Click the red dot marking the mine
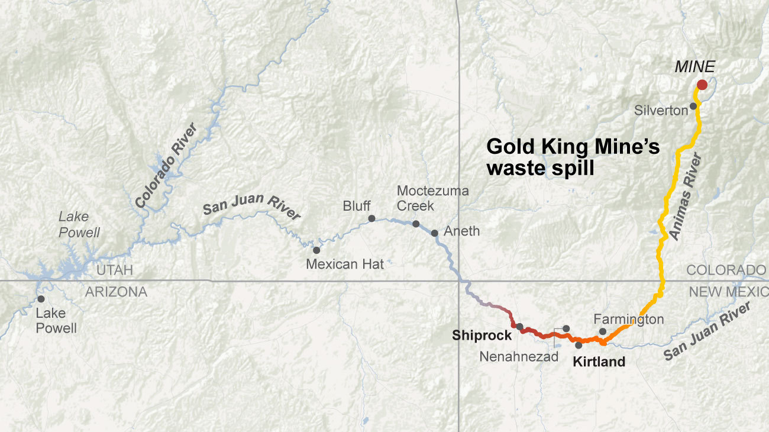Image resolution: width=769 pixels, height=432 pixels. pos(702,85)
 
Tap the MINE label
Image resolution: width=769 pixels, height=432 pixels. pos(694,67)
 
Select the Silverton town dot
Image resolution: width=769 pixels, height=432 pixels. pos(693,106)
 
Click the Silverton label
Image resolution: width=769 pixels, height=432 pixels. pos(661,110)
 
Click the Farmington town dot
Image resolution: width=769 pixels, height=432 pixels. pos(602,331)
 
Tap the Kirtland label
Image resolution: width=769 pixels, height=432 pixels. pos(599,362)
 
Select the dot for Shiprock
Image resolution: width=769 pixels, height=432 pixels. pos(519,327)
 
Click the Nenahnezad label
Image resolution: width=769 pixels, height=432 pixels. pos(519,357)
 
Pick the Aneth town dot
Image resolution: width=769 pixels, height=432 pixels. pos(435,233)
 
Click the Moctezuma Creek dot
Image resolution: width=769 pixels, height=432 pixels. pos(416,224)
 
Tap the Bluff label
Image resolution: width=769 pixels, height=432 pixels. pos(357,206)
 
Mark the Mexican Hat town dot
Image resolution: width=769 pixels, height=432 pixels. pos(316,250)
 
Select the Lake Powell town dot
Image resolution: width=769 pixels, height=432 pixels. pos(41,299)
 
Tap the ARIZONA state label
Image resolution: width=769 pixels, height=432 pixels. pos(116,291)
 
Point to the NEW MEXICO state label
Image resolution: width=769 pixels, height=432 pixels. pos(728,291)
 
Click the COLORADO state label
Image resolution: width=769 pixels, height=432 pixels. pos(726,270)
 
